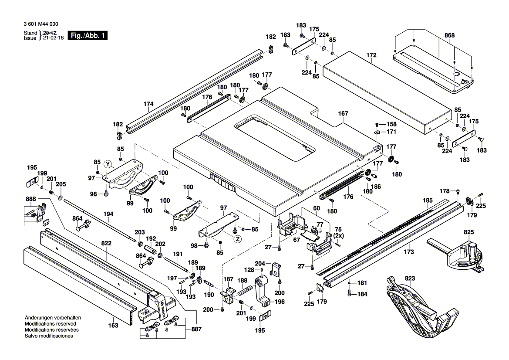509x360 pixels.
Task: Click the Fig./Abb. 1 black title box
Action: click(x=88, y=36)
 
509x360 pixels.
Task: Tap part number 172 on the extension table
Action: click(x=371, y=55)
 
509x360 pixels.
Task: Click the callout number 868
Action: click(x=449, y=35)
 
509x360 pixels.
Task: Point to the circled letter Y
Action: click(x=108, y=164)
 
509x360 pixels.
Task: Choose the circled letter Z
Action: click(x=237, y=239)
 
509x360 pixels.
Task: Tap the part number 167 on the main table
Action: click(x=343, y=114)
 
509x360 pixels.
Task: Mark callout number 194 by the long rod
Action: click(x=108, y=214)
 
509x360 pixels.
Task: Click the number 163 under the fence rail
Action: click(x=113, y=325)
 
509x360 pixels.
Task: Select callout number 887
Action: click(x=196, y=330)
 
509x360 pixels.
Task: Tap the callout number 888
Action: click(x=31, y=199)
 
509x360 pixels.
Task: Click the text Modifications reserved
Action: click(x=51, y=324)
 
